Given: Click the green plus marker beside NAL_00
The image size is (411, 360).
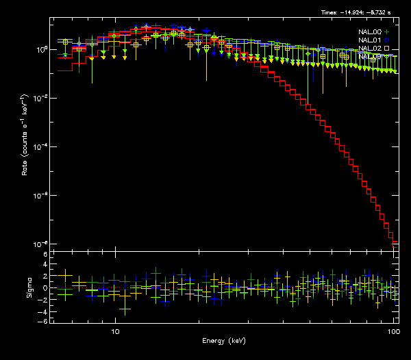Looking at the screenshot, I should [x=387, y=31].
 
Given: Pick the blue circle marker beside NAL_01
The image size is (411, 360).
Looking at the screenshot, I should [x=387, y=40].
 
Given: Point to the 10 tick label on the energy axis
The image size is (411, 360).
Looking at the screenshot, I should [x=116, y=331].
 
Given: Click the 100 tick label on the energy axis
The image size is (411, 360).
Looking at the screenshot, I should [x=393, y=331].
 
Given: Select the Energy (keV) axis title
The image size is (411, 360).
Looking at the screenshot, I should [x=224, y=341].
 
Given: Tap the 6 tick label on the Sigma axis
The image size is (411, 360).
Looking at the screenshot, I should [x=45, y=255].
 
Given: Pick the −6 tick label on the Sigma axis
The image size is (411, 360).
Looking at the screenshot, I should [x=43, y=321].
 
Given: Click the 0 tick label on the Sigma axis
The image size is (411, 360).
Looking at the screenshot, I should [x=45, y=287].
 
